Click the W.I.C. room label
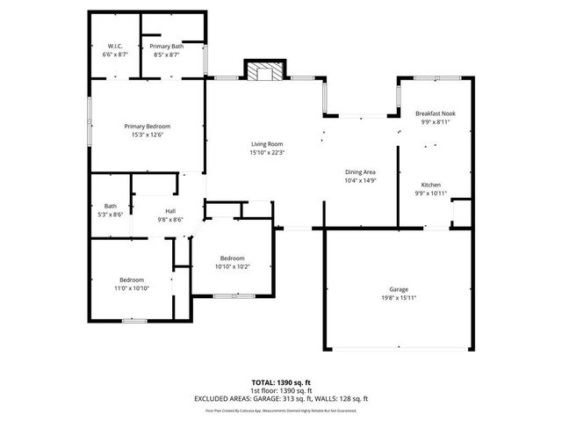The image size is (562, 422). coord(115,46)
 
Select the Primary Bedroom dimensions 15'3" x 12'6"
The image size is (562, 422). coord(147,135)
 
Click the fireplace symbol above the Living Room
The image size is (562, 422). coord(265,72)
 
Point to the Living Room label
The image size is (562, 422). coord(267,144)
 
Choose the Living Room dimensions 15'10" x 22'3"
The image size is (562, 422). coord(267,152)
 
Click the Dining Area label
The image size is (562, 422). coord(360,172)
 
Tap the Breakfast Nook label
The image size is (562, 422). coord(436,113)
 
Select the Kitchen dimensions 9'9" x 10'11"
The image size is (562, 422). coord(431,193)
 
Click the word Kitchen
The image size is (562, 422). coord(431,185)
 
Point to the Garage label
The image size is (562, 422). coord(399,289)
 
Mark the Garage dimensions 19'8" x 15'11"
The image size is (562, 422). coord(399,297)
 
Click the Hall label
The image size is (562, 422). coord(170,211)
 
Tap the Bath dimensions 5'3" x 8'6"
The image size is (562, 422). coord(111,215)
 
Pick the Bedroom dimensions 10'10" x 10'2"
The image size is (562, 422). coord(232,266)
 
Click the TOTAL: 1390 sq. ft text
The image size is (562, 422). coord(281,383)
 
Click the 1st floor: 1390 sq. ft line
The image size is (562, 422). coord(281,390)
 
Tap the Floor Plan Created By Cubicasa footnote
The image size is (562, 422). coord(281,410)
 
